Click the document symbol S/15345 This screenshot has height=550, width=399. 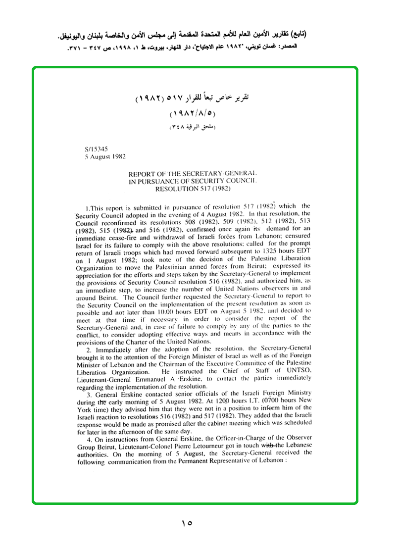click(x=97, y=148)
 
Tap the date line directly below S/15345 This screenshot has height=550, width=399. click(x=105, y=156)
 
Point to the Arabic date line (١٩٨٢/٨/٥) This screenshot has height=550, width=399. click(x=193, y=114)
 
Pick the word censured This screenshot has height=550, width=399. click(x=296, y=237)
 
